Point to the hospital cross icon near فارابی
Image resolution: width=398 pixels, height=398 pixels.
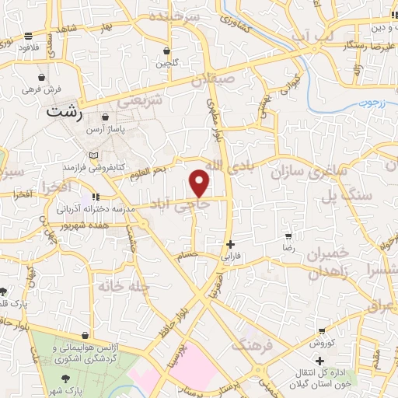[229, 243]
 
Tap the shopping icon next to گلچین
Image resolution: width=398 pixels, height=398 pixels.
[166, 51]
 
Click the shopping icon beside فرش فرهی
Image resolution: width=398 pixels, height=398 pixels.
[40, 79]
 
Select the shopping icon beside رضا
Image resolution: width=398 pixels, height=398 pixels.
[288, 236]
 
